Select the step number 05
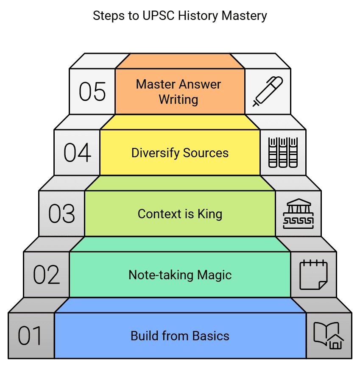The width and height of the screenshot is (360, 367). tap(92, 92)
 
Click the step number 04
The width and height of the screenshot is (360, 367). tap(77, 153)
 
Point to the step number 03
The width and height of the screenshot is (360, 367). tap(61, 214)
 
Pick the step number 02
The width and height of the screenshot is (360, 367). tap(47, 275)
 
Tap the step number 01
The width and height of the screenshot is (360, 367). tap(31, 336)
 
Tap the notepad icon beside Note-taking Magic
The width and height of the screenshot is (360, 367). tap(313, 275)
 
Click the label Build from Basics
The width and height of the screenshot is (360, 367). tap(180, 336)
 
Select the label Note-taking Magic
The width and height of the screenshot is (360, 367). tap(180, 275)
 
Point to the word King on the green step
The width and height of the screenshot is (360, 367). tap(209, 214)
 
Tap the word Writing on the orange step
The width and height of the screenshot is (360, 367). tap(179, 100)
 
